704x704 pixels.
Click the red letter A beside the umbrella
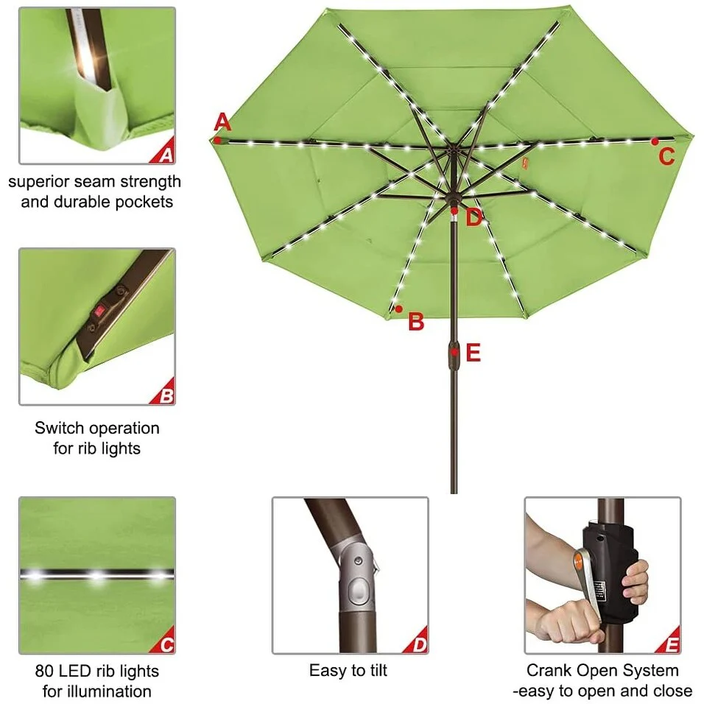click(x=222, y=122)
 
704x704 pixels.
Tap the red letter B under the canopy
click(x=416, y=322)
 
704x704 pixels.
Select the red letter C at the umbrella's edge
click(x=666, y=156)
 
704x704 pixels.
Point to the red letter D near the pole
click(x=474, y=218)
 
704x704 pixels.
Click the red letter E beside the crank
click(x=474, y=353)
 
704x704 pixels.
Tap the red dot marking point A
click(x=217, y=140)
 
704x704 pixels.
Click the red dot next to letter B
click(x=398, y=309)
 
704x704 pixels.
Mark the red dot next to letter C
click(x=655, y=142)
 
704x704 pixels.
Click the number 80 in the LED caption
click(x=45, y=671)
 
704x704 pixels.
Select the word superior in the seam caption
click(x=38, y=182)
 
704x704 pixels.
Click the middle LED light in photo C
click(x=97, y=575)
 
